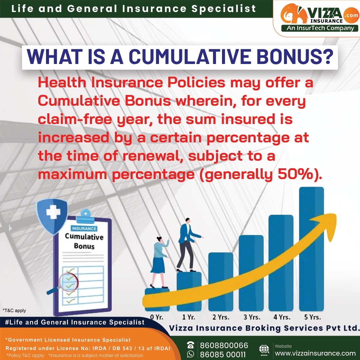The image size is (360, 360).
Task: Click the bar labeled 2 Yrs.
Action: click(221, 281)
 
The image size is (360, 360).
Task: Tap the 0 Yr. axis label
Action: click(157, 317)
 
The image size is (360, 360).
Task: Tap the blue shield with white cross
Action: click(52, 215)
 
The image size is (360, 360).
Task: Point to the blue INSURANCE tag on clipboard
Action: click(84, 229)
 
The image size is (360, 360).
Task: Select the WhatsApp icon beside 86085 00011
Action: click(190, 354)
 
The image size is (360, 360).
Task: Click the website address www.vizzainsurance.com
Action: click(315, 353)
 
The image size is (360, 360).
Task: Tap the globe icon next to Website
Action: click(264, 349)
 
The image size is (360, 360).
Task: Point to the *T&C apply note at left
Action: click(14, 310)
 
